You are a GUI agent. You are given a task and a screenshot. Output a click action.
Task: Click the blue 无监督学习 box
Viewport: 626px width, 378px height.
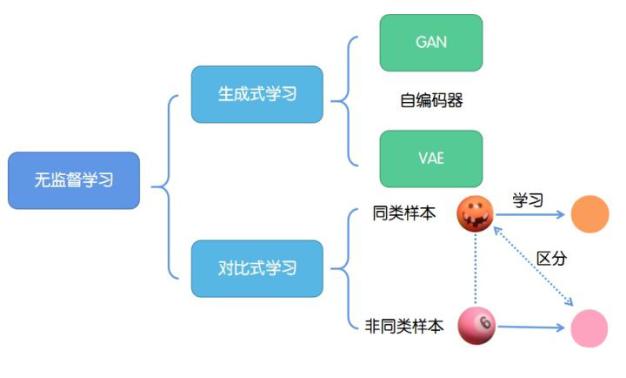point(74,180)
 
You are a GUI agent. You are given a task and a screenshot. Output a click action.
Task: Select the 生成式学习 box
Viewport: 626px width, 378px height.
point(256,94)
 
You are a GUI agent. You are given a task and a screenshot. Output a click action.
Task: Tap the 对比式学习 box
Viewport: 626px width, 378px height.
point(256,267)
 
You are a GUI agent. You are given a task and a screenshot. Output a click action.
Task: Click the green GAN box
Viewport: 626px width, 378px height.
point(431,42)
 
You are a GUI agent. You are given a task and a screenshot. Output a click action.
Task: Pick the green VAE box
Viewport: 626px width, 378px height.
point(431,159)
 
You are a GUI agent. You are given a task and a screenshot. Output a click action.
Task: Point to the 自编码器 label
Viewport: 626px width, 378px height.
point(431,101)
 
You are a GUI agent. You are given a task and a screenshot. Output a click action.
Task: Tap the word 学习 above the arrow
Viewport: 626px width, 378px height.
point(527,200)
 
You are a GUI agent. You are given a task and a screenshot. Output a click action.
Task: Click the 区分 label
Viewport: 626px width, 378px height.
point(551,259)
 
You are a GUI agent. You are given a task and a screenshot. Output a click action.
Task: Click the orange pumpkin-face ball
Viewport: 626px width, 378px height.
point(476,214)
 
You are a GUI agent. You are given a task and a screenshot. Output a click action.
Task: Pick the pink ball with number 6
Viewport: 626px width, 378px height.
point(476,326)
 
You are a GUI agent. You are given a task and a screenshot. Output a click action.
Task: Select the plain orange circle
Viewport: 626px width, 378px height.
point(590,213)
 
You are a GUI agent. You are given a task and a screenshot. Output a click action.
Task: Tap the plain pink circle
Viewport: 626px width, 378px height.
point(589,328)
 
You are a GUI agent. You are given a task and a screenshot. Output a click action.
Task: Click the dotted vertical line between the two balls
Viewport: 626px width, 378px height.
point(476,270)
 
